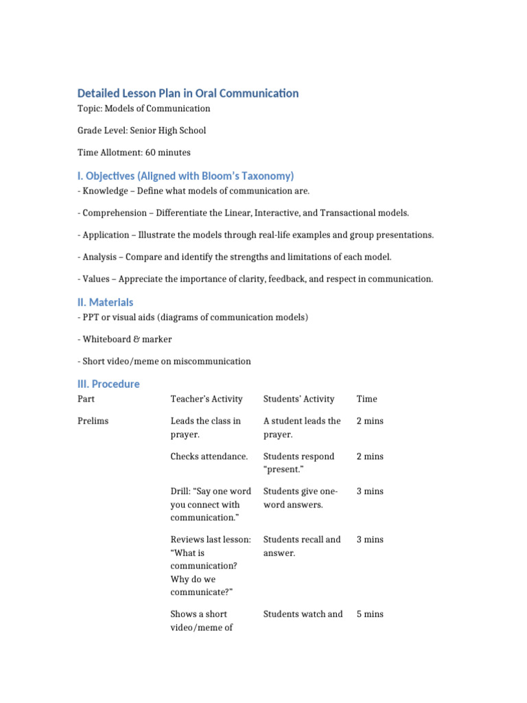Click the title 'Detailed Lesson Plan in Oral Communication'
click(x=188, y=93)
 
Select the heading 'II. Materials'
click(x=105, y=302)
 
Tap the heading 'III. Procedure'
click(x=108, y=384)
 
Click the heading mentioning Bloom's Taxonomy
click(x=185, y=176)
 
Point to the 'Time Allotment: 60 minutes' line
click(x=134, y=152)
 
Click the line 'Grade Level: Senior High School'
click(x=141, y=130)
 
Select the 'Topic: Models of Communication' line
click(x=143, y=108)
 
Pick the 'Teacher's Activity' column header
click(x=207, y=399)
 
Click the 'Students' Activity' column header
click(x=298, y=399)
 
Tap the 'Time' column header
click(x=366, y=399)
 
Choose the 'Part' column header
click(x=86, y=399)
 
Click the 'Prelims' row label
click(x=93, y=421)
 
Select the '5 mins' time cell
click(x=370, y=614)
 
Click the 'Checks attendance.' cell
click(x=209, y=457)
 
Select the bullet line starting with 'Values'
click(x=255, y=279)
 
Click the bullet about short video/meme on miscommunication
click(x=164, y=361)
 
